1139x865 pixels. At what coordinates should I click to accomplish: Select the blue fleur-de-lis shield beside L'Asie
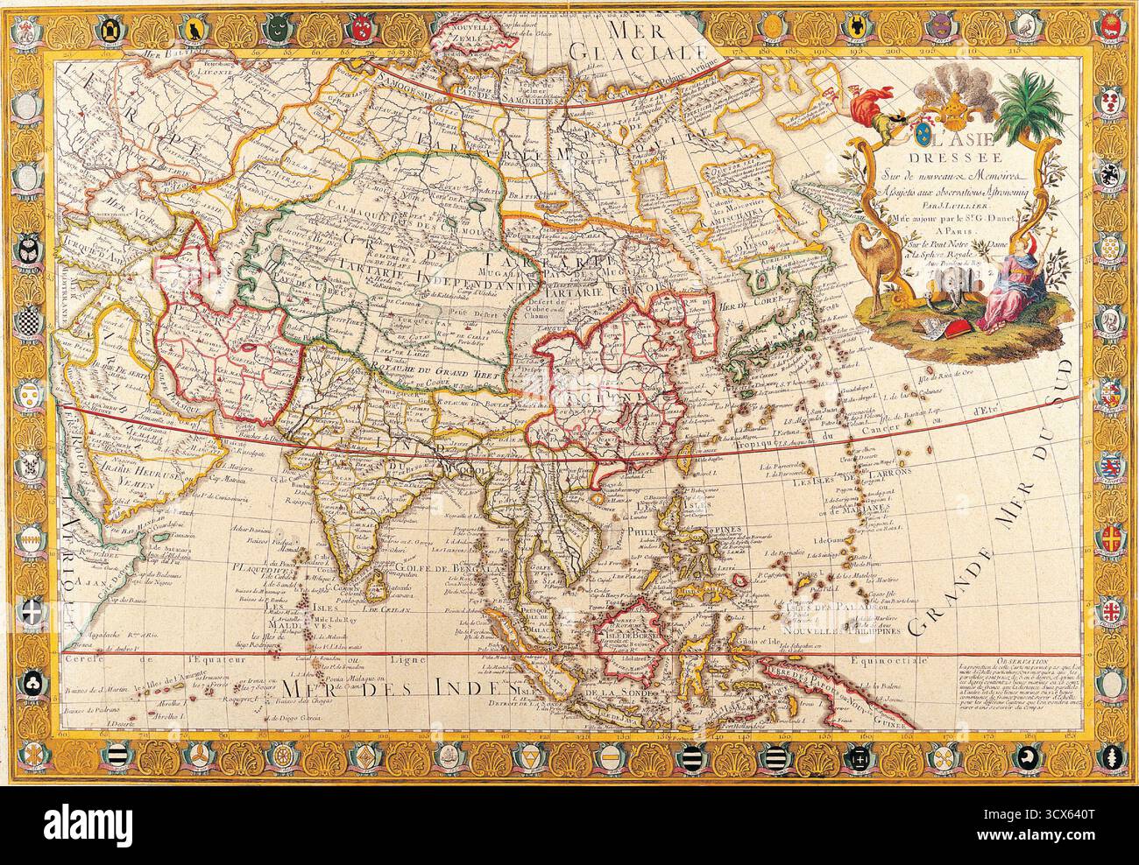pyautogui.click(x=922, y=137)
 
